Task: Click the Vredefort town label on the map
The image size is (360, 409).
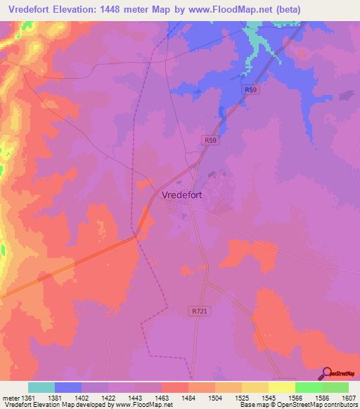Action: (x=182, y=196)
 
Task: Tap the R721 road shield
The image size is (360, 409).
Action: (x=200, y=310)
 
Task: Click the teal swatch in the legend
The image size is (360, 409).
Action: (x=41, y=387)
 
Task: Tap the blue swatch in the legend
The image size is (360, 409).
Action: (x=68, y=387)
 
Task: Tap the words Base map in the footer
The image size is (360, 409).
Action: (x=252, y=405)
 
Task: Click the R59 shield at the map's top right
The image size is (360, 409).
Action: (x=251, y=90)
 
